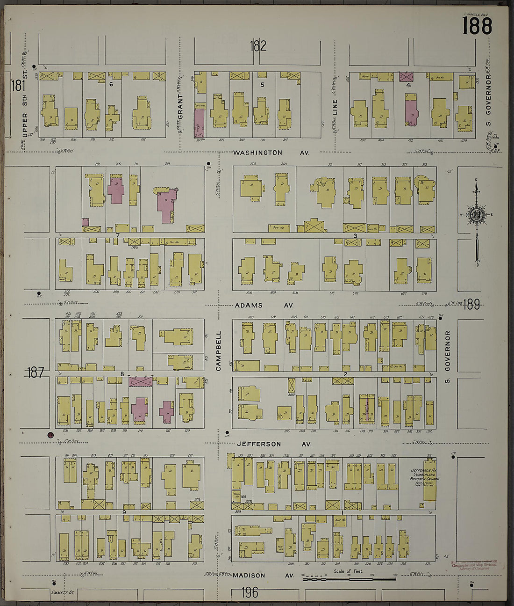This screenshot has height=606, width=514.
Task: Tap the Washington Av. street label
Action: coord(264,153)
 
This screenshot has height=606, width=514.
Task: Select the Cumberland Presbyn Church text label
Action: coord(423,475)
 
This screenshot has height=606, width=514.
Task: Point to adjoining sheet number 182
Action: coord(257,46)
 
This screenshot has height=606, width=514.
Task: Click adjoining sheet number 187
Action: coord(35,372)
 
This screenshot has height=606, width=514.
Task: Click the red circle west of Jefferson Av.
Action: coord(50,435)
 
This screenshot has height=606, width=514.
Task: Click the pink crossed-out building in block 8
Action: coord(141,381)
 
